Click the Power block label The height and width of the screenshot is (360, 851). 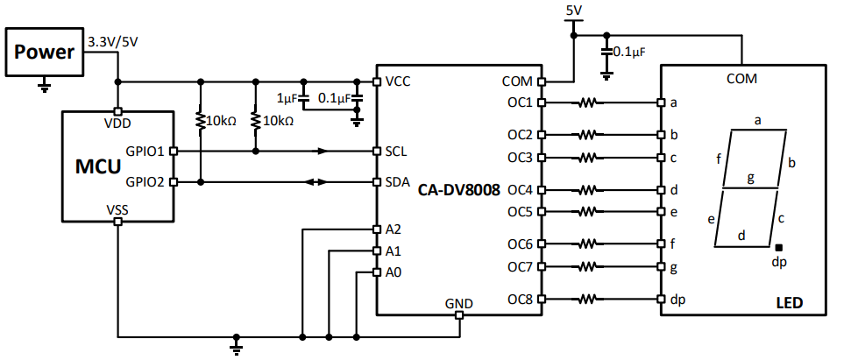(43, 52)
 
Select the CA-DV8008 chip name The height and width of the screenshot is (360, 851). (459, 188)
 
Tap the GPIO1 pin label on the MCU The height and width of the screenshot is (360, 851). (145, 151)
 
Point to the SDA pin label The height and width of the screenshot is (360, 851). (397, 182)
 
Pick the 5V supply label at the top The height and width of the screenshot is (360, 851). (574, 11)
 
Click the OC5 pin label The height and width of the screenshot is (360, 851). (520, 211)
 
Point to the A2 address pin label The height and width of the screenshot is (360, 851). (394, 229)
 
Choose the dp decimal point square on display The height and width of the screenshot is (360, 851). (778, 248)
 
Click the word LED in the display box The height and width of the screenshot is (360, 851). (789, 304)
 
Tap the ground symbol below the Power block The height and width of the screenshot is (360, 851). (45, 85)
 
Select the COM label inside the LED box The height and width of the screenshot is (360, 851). (742, 79)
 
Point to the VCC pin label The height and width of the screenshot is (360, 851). (398, 81)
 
